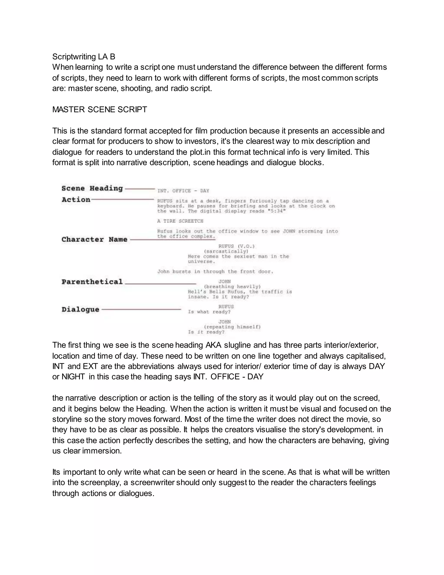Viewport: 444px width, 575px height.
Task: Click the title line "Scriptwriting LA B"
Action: (84, 57)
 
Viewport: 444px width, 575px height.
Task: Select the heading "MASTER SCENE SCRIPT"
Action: (100, 110)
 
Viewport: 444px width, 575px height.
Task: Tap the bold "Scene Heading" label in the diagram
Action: (92, 189)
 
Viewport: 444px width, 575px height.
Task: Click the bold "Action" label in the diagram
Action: (76, 200)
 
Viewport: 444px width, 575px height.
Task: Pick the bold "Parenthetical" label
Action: (92, 282)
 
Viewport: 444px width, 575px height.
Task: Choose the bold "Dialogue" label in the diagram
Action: (80, 310)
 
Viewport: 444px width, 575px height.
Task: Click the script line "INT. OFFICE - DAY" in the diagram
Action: (183, 191)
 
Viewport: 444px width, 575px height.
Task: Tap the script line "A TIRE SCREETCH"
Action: (180, 221)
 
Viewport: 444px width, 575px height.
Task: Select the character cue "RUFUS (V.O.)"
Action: (237, 246)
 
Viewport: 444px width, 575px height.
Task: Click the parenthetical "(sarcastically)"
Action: (226, 251)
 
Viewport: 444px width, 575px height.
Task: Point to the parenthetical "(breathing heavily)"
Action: (232, 286)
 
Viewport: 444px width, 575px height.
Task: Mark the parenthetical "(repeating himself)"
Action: (232, 327)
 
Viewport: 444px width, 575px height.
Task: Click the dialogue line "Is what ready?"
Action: (209, 312)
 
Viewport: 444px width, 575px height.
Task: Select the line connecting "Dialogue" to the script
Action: (141, 309)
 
